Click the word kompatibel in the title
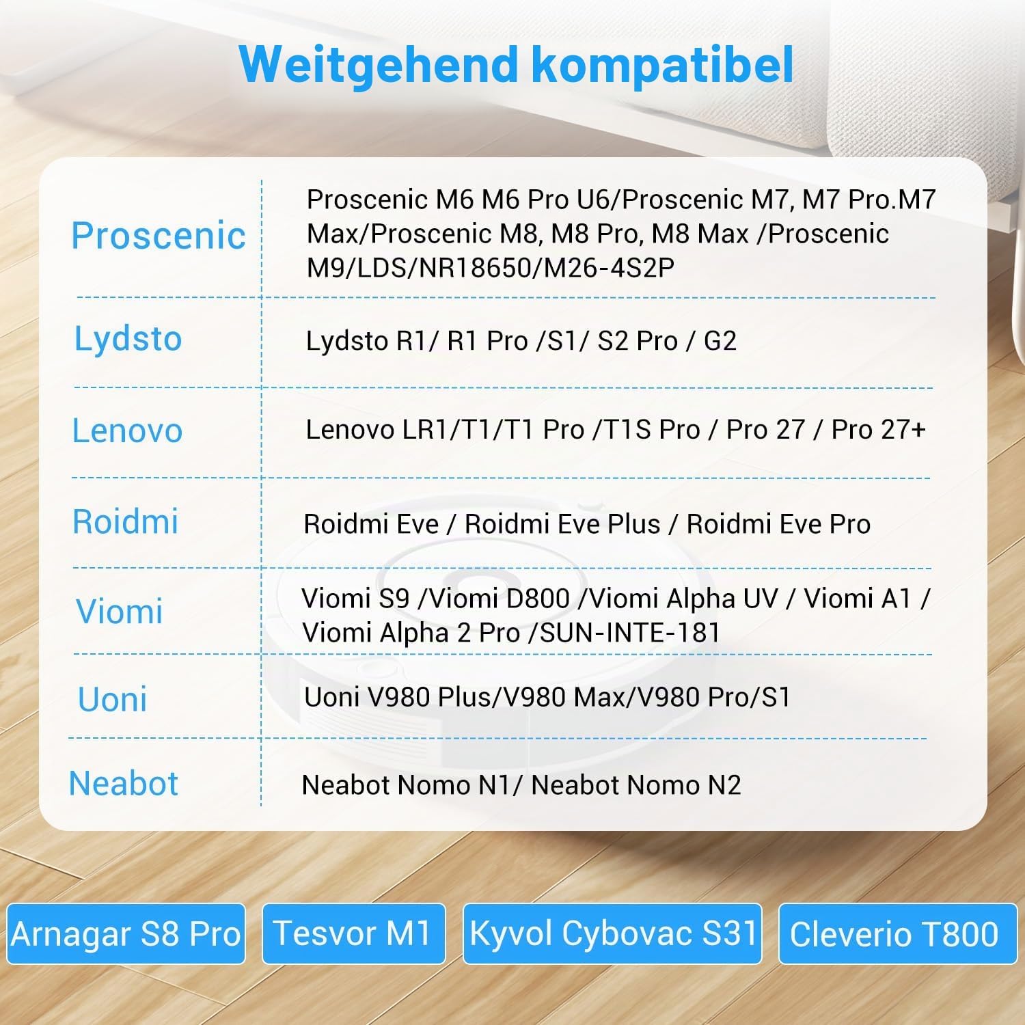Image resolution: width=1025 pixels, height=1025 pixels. click(661, 64)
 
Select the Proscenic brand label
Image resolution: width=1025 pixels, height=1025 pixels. click(159, 236)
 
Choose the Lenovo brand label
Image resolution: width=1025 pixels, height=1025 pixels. click(127, 430)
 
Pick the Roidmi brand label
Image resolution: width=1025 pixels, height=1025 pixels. click(125, 521)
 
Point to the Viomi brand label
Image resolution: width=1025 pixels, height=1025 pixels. click(119, 611)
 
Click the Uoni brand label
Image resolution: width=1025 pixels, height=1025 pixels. click(113, 699)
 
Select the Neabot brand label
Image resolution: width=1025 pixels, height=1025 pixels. click(124, 783)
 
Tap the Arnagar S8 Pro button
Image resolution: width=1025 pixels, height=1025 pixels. click(126, 933)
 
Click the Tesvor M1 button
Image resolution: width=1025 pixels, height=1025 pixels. click(353, 933)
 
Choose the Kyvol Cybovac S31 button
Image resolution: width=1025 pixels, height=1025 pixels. click(612, 933)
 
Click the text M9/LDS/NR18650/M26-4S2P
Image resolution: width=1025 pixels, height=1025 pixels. click(490, 268)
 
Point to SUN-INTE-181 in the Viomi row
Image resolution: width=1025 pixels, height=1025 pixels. click(630, 633)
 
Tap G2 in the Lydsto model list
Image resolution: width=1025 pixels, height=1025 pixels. click(720, 341)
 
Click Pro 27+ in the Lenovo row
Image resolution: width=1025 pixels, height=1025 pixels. click(879, 430)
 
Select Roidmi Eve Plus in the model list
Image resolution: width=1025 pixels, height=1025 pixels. click(562, 524)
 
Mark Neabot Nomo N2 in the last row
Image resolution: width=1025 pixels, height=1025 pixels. click(636, 785)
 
